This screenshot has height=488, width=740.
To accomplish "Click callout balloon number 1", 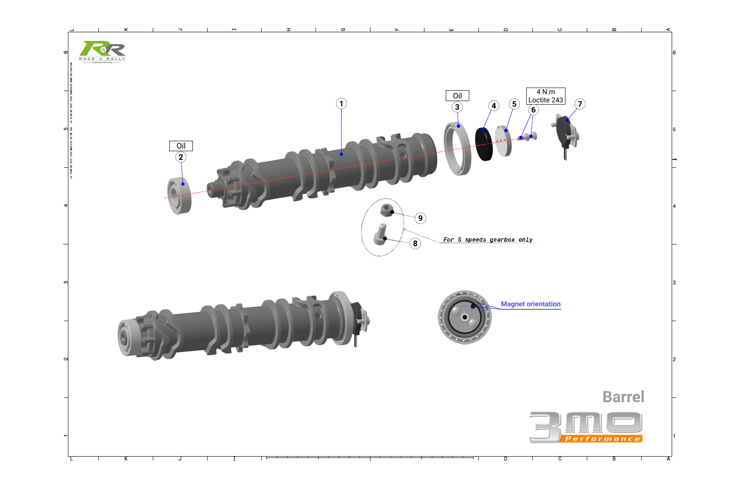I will pyautogui.click(x=341, y=104).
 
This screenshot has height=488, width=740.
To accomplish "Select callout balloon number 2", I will pyautogui.click(x=181, y=157).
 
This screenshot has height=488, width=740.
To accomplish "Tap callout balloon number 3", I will pyautogui.click(x=457, y=107).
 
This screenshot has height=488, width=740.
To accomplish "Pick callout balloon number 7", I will pyautogui.click(x=579, y=104).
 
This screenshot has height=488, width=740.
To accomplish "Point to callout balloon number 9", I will pyautogui.click(x=420, y=218).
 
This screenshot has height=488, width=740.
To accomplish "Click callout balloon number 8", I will pyautogui.click(x=415, y=244).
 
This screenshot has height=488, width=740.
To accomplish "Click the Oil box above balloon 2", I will pyautogui.click(x=181, y=146).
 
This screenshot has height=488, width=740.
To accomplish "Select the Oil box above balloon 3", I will pyautogui.click(x=457, y=96).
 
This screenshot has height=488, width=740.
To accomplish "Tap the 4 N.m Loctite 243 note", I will pyautogui.click(x=545, y=96).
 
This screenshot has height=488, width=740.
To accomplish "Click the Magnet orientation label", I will pyautogui.click(x=530, y=304).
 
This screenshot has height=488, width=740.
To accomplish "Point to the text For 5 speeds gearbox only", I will pyautogui.click(x=488, y=240).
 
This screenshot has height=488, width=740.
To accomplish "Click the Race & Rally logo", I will pyautogui.click(x=102, y=52).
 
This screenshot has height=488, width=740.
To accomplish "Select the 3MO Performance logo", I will pyautogui.click(x=586, y=427).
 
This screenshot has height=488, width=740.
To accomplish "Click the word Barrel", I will pyautogui.click(x=623, y=397).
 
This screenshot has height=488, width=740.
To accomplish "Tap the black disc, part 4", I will pyautogui.click(x=483, y=144).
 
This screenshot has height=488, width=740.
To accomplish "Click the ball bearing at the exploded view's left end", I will pyautogui.click(x=179, y=196).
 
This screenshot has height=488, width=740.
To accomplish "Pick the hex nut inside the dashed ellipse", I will pyautogui.click(x=387, y=210).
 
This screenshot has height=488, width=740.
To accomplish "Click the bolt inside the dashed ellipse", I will pyautogui.click(x=380, y=234).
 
